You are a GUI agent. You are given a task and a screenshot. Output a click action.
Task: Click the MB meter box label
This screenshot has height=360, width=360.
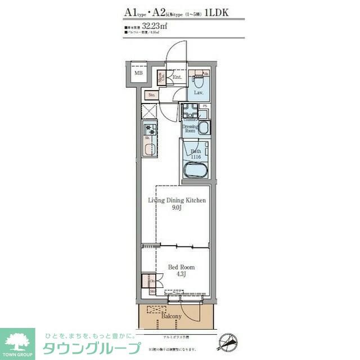click(138, 73)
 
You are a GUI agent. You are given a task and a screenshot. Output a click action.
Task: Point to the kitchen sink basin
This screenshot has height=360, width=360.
click(150, 150)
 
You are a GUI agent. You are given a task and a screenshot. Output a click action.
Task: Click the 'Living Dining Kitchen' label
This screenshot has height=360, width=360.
click(177, 200)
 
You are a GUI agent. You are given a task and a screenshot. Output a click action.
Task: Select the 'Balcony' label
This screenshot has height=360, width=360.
click(171, 317)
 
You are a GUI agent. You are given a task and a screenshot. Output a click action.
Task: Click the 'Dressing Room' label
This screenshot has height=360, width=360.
click(190, 128)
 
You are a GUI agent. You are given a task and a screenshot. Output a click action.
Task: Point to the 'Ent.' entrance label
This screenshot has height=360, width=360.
click(177, 77)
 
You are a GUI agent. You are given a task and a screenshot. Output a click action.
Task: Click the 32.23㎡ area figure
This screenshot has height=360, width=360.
click(155, 26)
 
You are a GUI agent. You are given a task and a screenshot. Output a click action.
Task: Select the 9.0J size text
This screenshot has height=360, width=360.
click(177, 208)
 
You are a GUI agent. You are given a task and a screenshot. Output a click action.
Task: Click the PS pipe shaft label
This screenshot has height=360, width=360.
click(205, 106)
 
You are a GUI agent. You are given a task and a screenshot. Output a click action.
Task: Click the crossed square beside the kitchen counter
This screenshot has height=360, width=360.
click(150, 111)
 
